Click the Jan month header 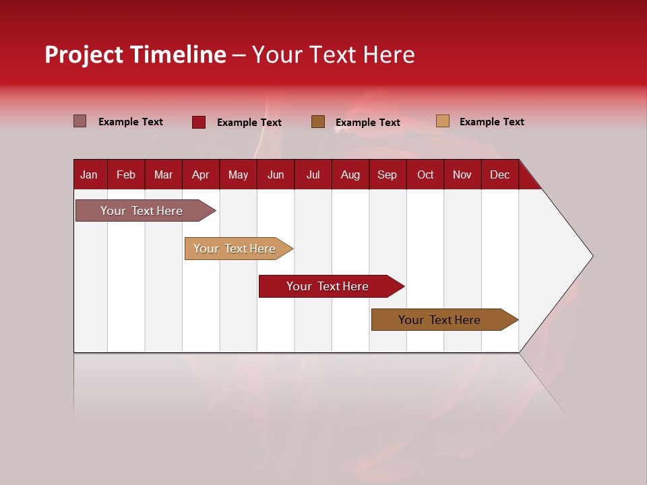click(x=90, y=174)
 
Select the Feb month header click(x=126, y=174)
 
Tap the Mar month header click(x=163, y=174)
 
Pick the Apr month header click(x=201, y=174)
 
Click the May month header click(x=238, y=174)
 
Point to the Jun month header click(x=276, y=174)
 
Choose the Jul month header click(x=313, y=174)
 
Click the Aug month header click(x=350, y=174)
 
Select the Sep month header click(x=388, y=174)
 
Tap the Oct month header click(x=425, y=174)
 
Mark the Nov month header click(x=462, y=174)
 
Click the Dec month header click(x=499, y=174)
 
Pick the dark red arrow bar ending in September click(x=328, y=286)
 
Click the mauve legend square click(x=80, y=121)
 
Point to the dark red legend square click(x=199, y=122)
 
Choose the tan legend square click(x=443, y=121)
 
